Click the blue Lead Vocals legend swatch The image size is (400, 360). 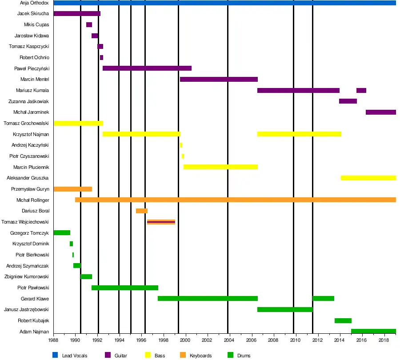click(x=55, y=355)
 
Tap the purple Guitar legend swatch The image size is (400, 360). click(x=108, y=355)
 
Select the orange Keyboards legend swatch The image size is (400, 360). click(x=183, y=355)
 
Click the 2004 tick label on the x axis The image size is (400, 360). click(x=229, y=340)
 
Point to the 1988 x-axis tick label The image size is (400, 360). click(x=53, y=340)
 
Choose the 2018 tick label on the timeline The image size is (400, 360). click(x=384, y=340)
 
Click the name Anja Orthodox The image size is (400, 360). click(x=34, y=3)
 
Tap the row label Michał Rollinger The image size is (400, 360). click(x=32, y=200)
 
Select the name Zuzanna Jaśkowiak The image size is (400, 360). click(x=28, y=101)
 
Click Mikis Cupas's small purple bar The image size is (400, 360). click(x=89, y=25)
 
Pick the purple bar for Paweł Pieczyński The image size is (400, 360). click(x=147, y=68)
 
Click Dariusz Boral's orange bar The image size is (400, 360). click(x=142, y=211)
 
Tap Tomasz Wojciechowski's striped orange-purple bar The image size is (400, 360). click(x=161, y=222)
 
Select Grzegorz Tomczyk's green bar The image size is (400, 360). click(x=62, y=233)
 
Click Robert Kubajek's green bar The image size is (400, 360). click(x=343, y=320)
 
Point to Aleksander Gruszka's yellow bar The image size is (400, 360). click(x=368, y=178)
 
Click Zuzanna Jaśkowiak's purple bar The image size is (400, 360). click(x=348, y=101)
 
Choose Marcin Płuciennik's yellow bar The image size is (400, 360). click(x=220, y=167)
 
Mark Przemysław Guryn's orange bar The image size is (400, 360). click(x=73, y=189)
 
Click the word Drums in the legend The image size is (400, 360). click(x=244, y=356)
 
